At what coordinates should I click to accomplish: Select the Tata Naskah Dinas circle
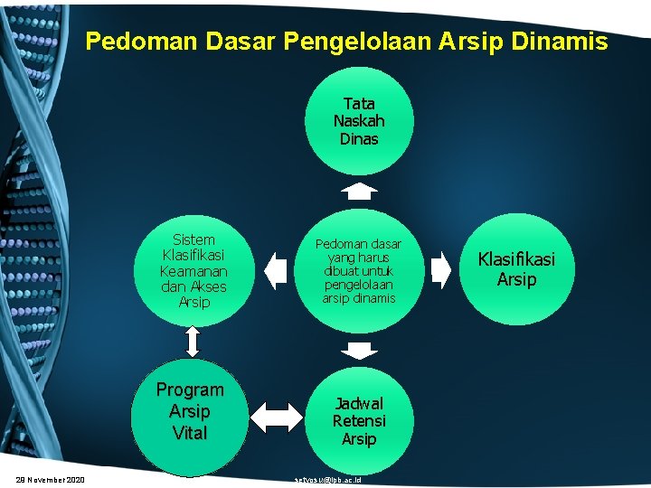pos(359,121)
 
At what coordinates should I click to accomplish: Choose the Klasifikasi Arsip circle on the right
pos(516,269)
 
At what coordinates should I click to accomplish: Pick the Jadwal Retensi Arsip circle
pos(359,421)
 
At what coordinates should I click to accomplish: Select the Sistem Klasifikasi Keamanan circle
pos(193,269)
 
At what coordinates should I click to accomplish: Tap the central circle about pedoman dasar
pos(359,269)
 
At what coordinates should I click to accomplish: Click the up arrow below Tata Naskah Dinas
pos(360,191)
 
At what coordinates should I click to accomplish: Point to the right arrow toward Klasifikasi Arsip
pos(439,270)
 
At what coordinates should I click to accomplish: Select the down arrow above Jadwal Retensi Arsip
pos(360,350)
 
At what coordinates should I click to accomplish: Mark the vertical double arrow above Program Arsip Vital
pos(193,341)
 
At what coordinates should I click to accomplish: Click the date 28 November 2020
pos(51,479)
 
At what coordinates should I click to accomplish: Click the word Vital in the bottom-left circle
pos(190,433)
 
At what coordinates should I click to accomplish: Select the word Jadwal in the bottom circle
pos(359,403)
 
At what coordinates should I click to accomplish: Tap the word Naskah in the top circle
pos(359,121)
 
